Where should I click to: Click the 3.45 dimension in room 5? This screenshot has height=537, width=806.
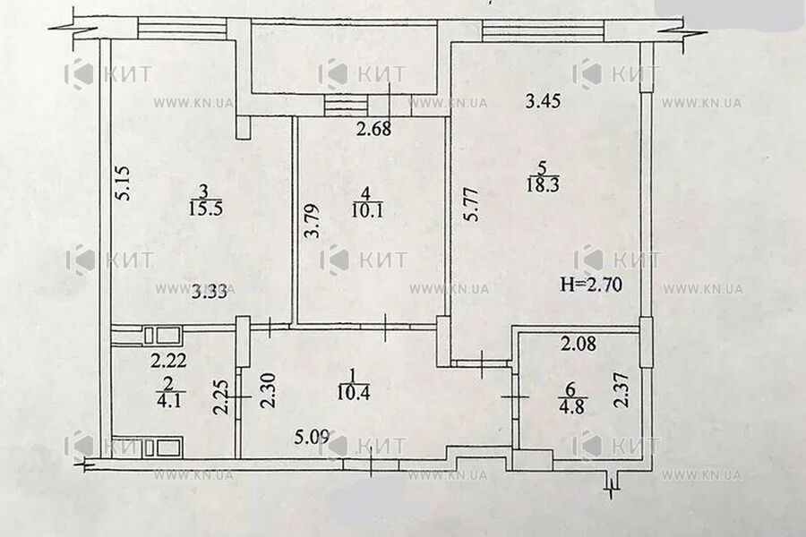[x=542, y=102]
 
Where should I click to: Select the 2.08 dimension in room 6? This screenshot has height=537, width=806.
[x=579, y=342]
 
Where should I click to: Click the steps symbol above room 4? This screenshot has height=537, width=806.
[x=347, y=105]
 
